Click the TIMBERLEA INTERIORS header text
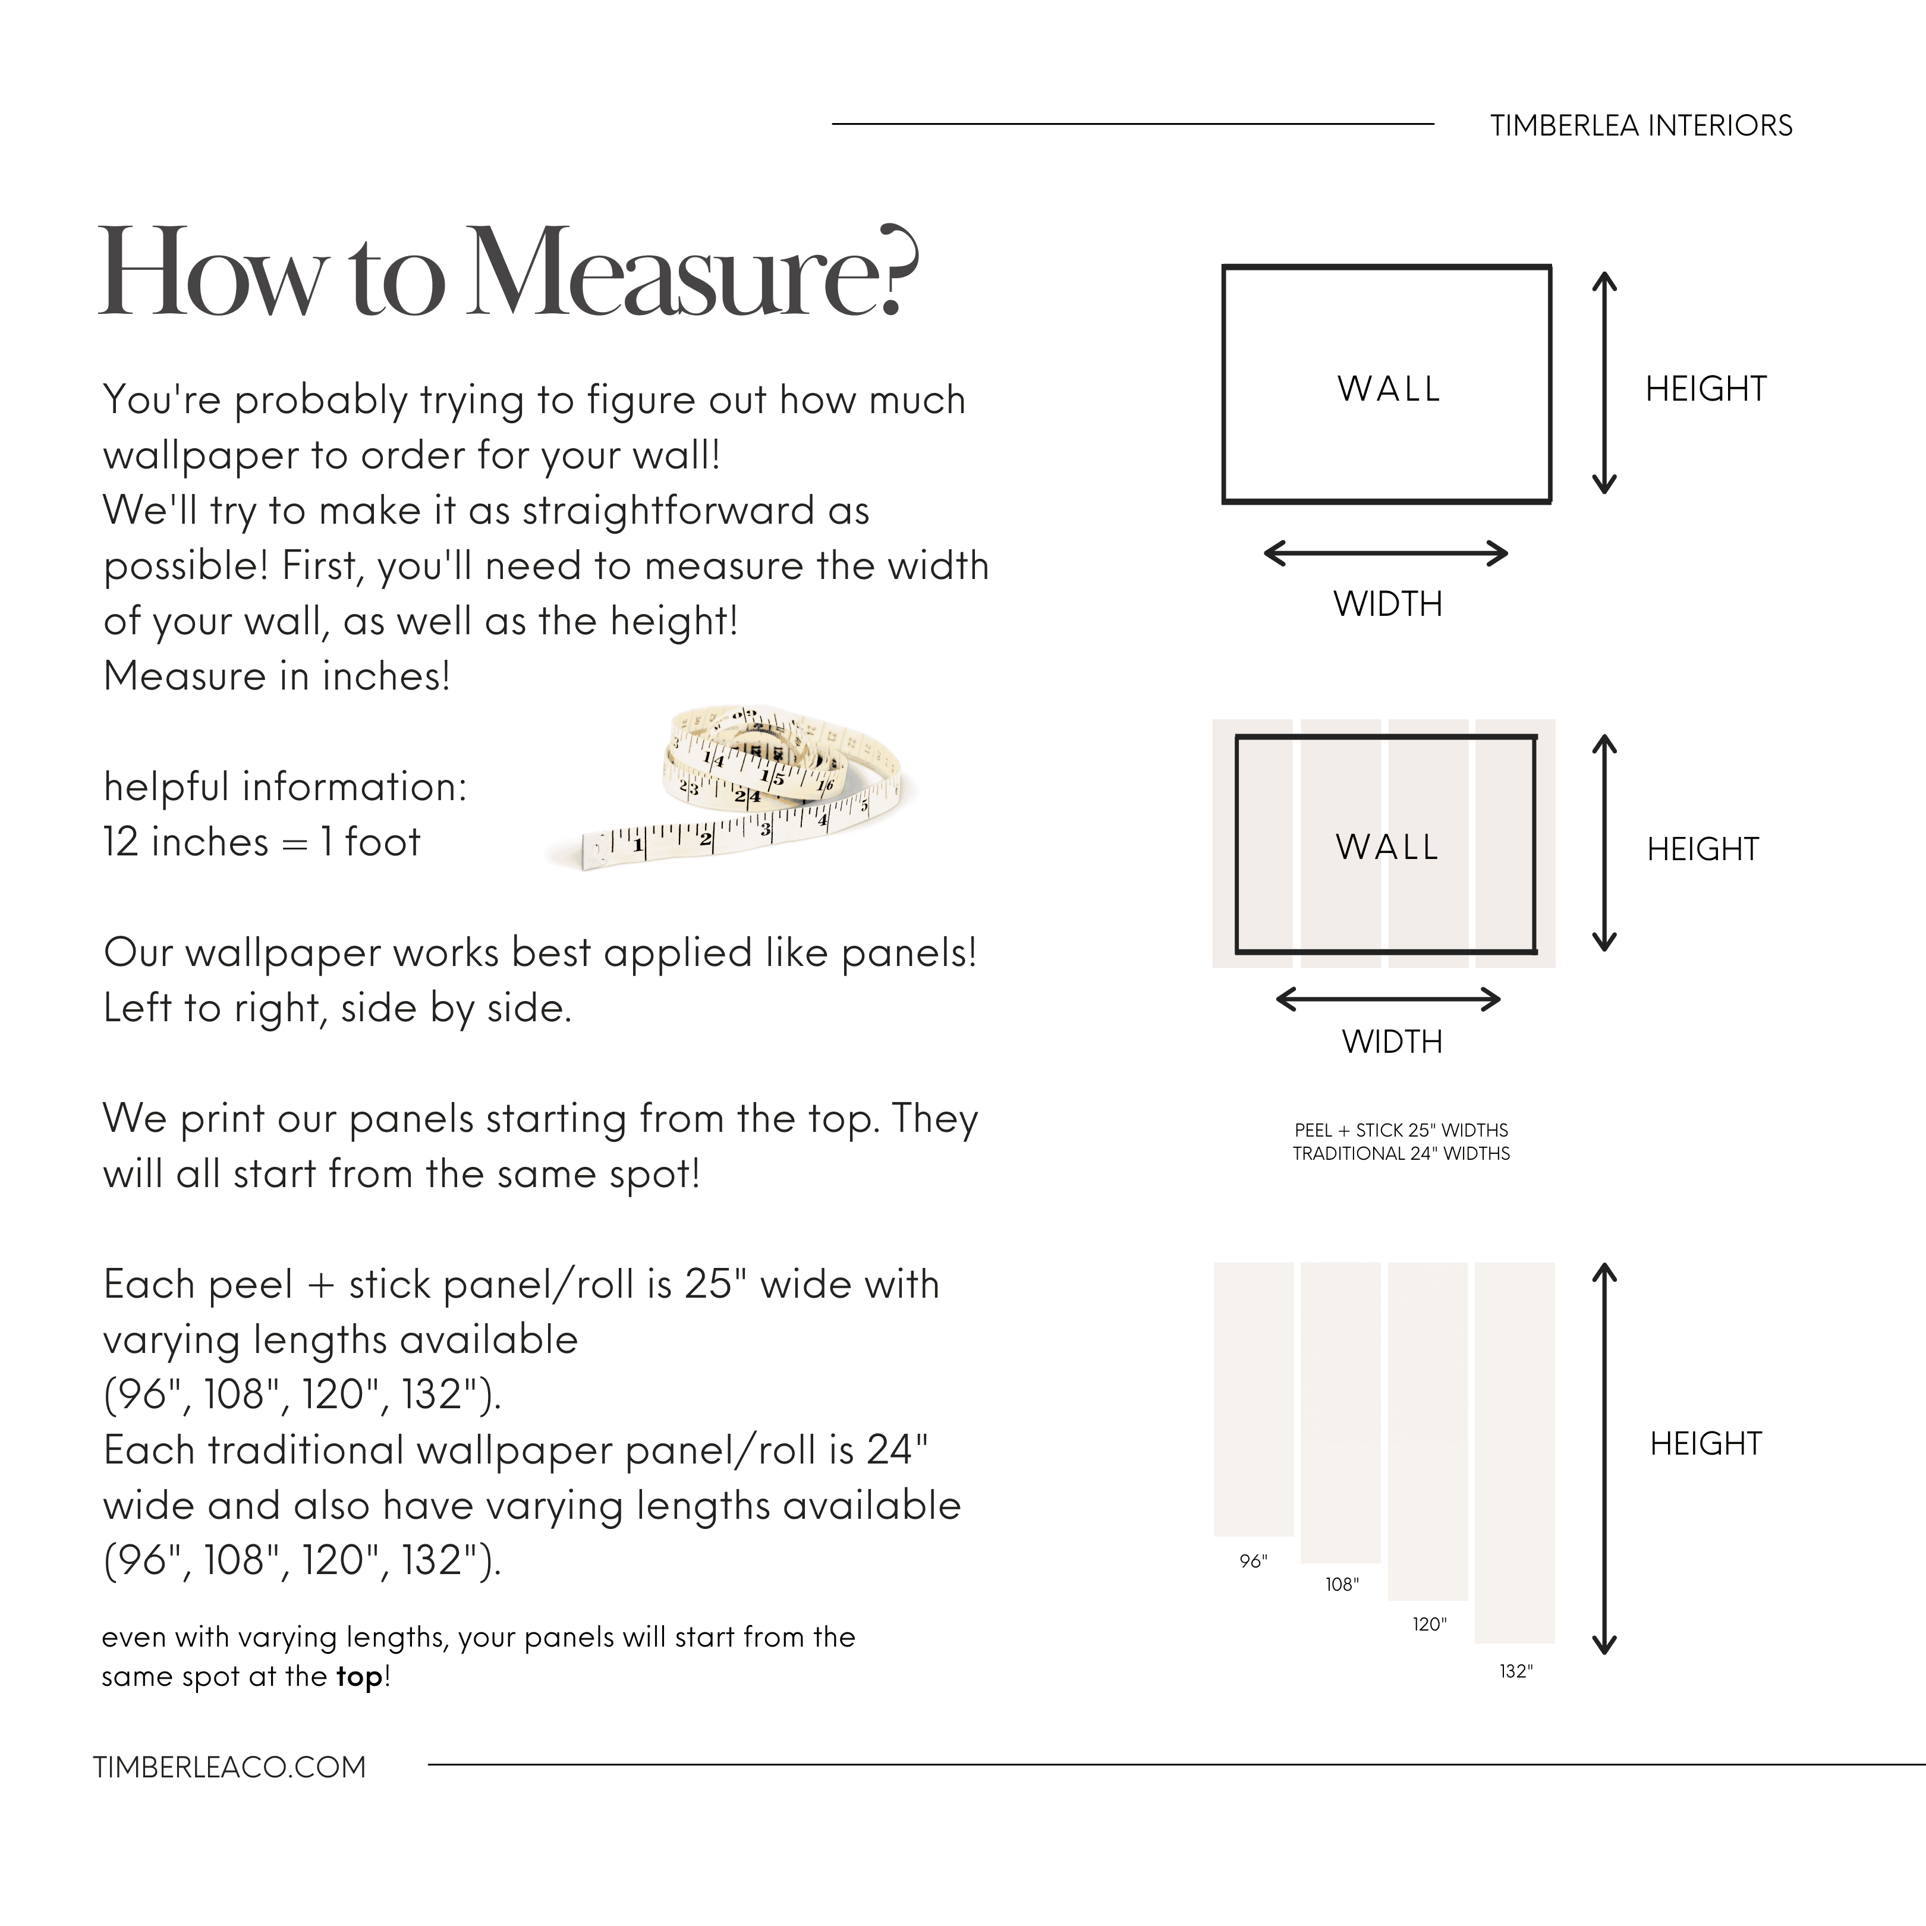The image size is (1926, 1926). point(1641,125)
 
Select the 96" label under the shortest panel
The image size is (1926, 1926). point(1253,1561)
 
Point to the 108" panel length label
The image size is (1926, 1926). point(1342,1584)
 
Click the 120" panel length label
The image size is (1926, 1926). point(1428,1624)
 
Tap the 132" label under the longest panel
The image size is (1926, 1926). point(1515,1671)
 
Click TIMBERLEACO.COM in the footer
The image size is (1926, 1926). point(229,1767)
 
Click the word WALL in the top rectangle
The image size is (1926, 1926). point(1389,389)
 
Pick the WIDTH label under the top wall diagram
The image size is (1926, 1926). point(1387,604)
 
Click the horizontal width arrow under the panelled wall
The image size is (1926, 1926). point(1387,999)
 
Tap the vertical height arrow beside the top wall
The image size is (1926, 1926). point(1604,384)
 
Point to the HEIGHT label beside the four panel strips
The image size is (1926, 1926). point(1705,1443)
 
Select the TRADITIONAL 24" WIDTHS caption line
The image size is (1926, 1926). point(1401,1153)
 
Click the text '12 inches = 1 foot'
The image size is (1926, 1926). point(261,842)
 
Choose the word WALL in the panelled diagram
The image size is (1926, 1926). point(1387,847)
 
